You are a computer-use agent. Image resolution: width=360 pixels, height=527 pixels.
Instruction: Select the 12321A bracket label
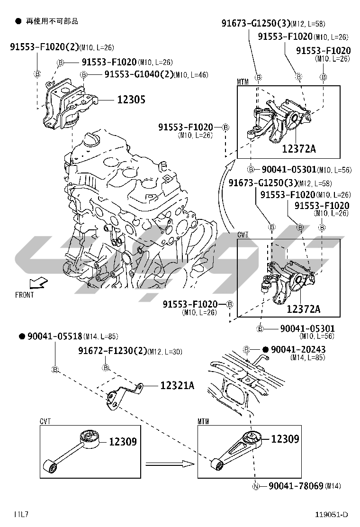click(x=177, y=386)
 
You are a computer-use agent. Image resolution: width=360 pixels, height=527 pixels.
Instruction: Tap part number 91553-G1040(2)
click(x=138, y=74)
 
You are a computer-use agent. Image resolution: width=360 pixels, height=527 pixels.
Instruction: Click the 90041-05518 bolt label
click(x=54, y=336)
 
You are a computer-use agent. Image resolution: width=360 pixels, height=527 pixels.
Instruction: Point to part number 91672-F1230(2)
click(x=112, y=351)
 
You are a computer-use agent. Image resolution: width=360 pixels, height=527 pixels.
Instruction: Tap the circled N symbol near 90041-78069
click(x=255, y=486)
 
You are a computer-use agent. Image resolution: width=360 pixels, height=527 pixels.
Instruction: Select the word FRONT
click(x=25, y=295)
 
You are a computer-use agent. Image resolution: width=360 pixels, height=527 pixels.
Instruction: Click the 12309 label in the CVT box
click(x=123, y=442)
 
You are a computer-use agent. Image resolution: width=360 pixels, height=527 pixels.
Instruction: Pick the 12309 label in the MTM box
click(x=285, y=439)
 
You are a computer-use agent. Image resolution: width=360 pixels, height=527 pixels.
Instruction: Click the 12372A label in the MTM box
click(x=299, y=149)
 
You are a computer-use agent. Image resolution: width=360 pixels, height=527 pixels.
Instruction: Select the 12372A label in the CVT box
click(x=303, y=309)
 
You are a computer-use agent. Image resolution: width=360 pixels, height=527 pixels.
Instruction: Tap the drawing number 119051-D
click(x=332, y=515)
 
